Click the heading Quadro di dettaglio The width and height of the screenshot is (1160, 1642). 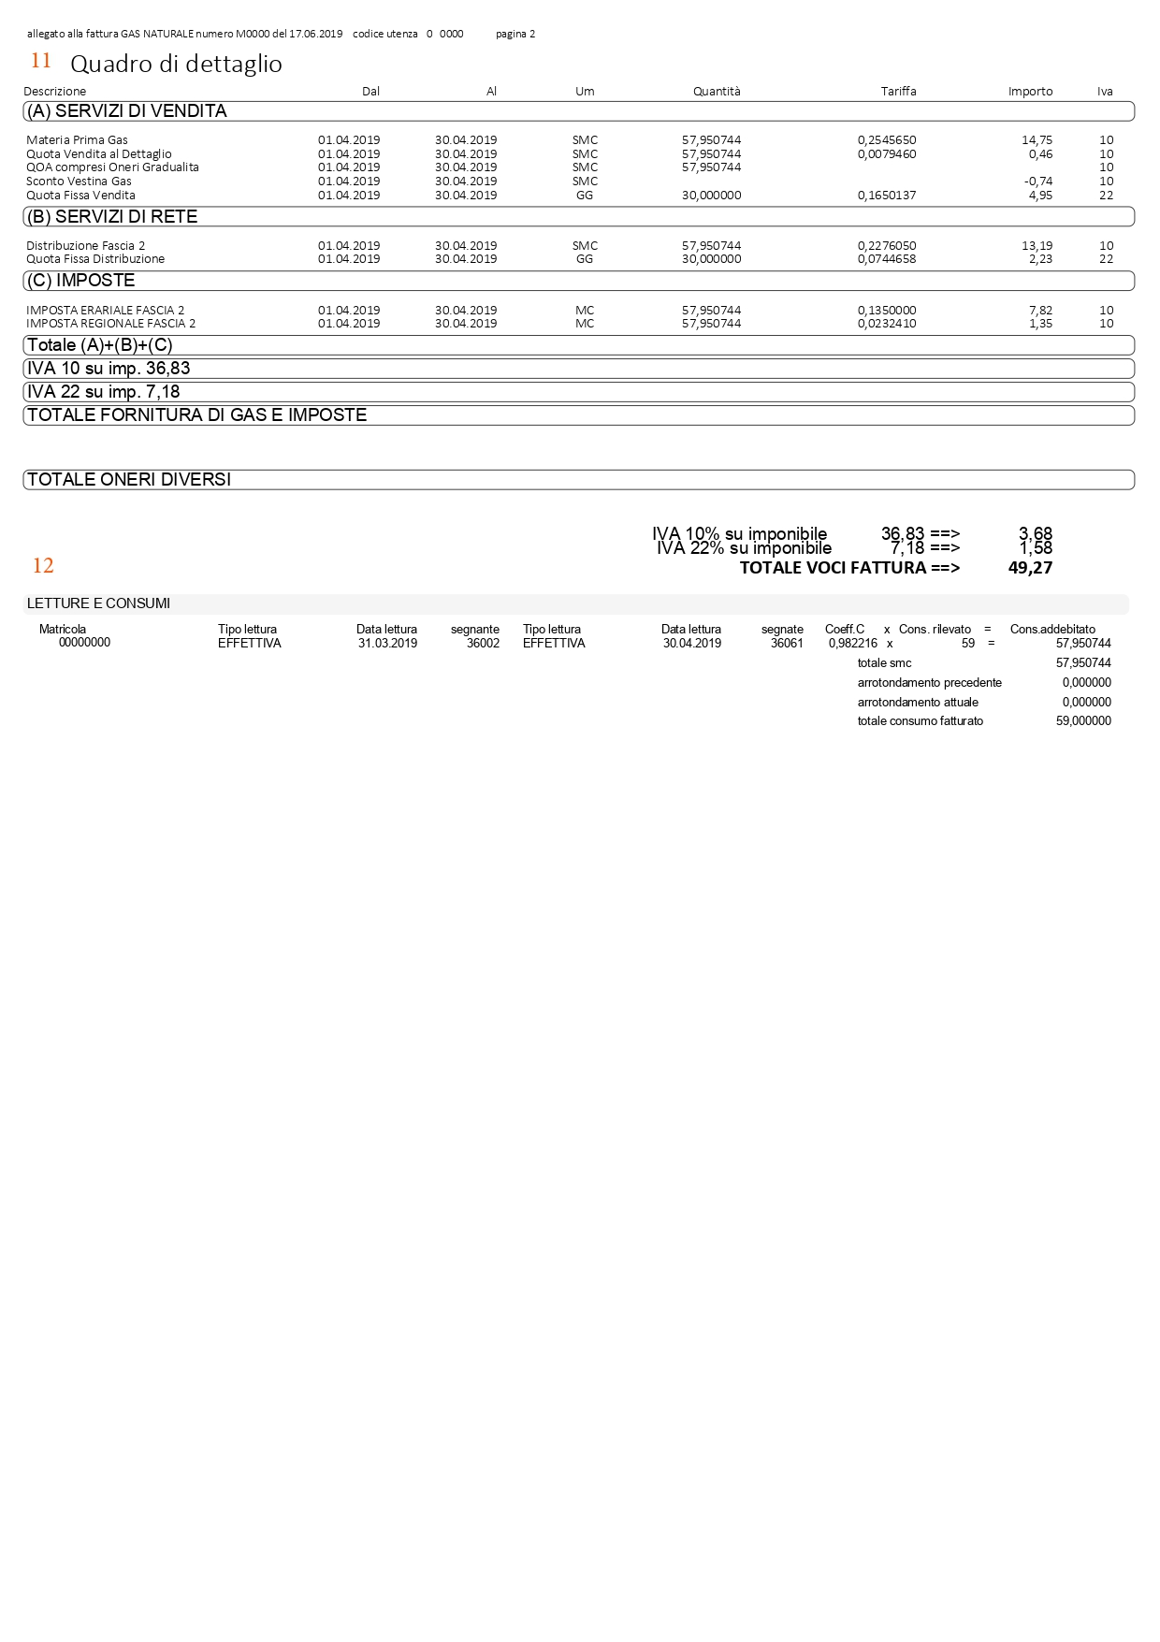(x=176, y=64)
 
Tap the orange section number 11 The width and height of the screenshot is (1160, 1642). (x=41, y=61)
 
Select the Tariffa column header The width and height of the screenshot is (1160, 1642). (x=898, y=92)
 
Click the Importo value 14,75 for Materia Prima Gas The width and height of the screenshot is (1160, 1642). (x=1037, y=140)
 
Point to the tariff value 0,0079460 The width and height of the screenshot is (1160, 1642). (x=887, y=154)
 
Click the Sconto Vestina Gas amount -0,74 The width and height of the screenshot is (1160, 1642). (x=1037, y=182)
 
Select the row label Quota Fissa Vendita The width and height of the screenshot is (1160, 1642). (x=80, y=196)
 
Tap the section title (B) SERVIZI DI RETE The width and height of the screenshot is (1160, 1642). (x=112, y=217)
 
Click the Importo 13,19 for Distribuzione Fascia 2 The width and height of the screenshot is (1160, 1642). (x=1037, y=246)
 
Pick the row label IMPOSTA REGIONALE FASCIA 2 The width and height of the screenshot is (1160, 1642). (x=111, y=324)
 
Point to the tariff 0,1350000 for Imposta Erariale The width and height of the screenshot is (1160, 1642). (x=887, y=311)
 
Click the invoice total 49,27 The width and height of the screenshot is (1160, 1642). (x=1030, y=568)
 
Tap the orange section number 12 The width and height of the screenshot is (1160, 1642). (x=43, y=566)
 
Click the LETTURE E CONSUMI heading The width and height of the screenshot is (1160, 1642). (x=98, y=604)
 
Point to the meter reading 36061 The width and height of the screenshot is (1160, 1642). (x=787, y=644)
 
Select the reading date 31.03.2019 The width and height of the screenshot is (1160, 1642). (x=387, y=644)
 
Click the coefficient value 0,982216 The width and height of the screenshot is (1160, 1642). (x=852, y=644)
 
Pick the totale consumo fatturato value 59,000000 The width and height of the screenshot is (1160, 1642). (x=1083, y=721)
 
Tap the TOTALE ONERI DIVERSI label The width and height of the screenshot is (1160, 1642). (x=129, y=480)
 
